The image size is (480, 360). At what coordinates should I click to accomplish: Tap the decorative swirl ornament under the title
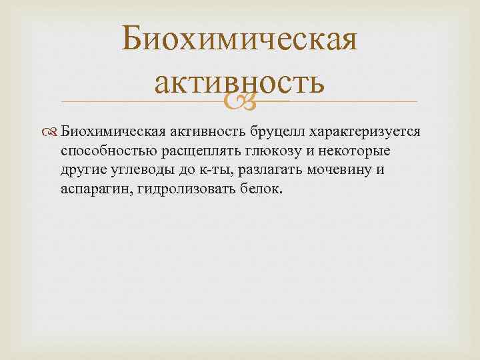tap(240, 102)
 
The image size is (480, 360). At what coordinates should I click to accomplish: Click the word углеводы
tap(141, 169)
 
